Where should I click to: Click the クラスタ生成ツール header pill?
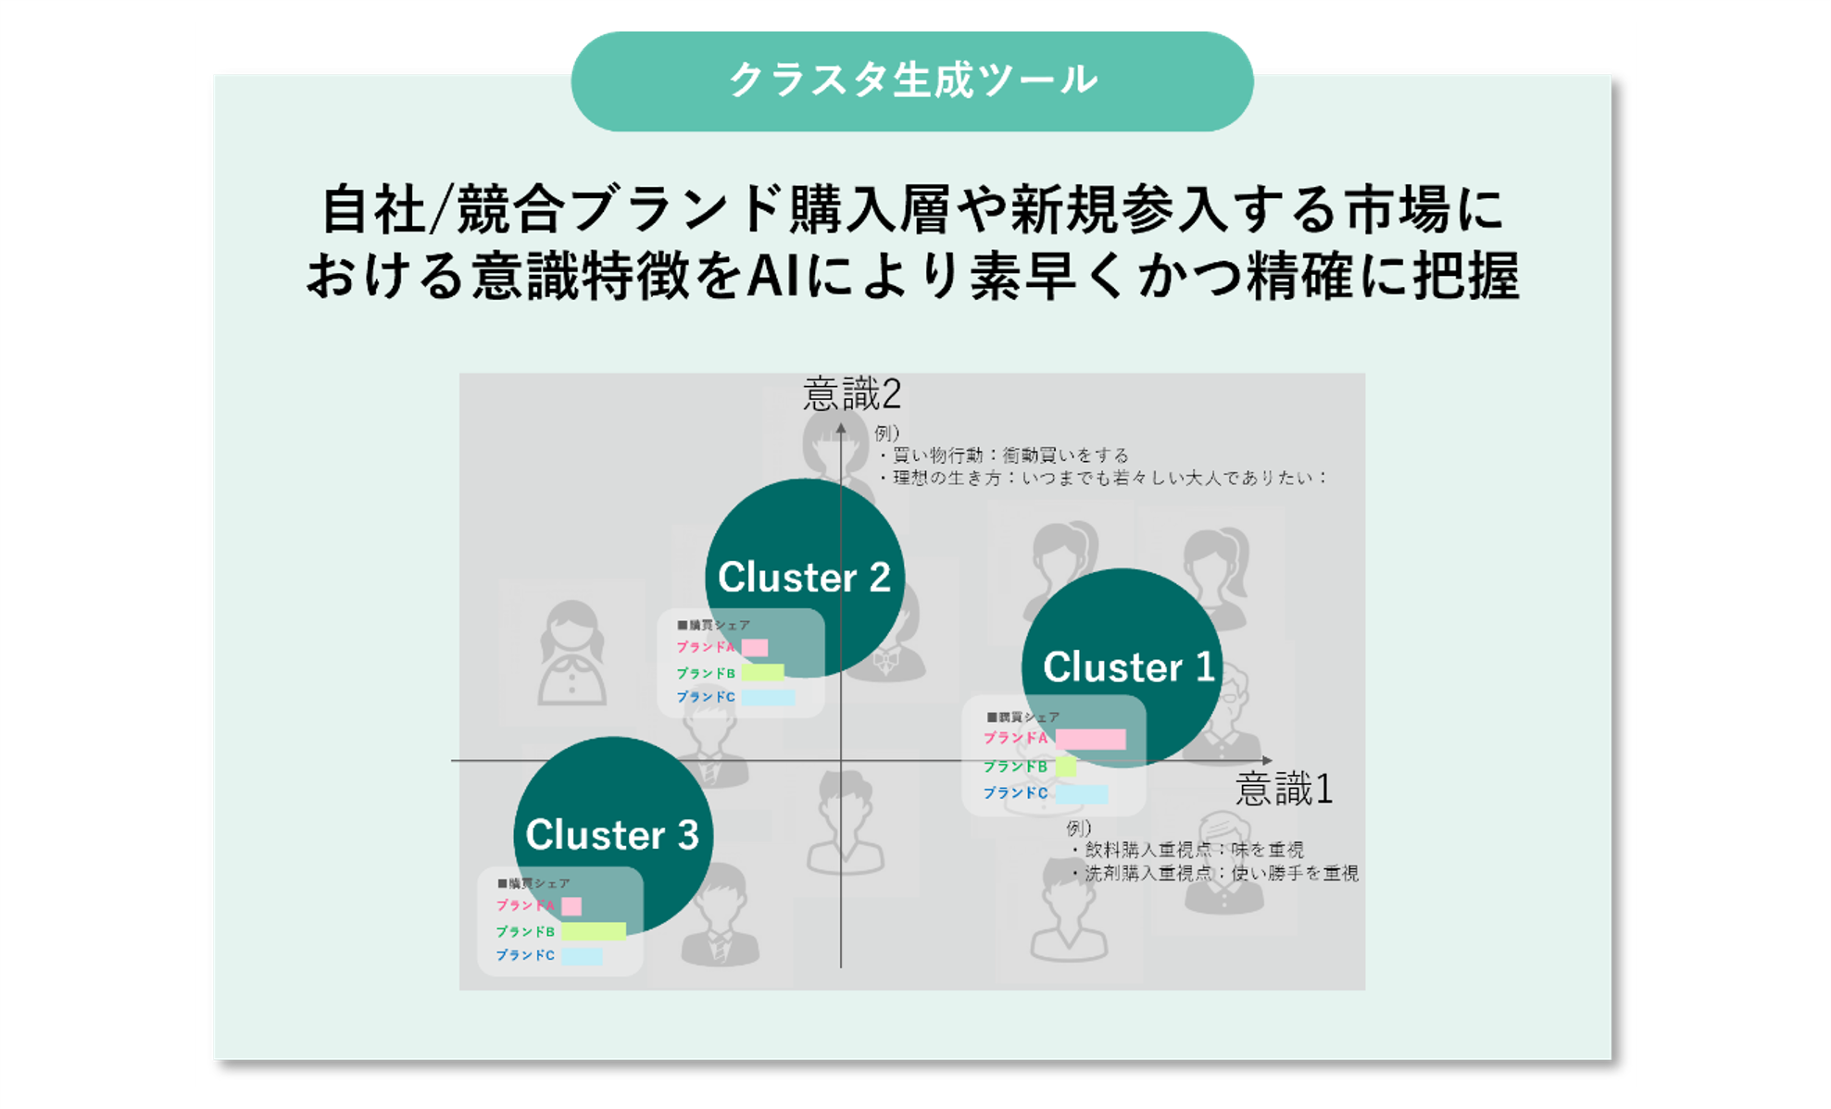[912, 81]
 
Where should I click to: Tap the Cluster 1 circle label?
[1128, 667]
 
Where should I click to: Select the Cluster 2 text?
[804, 578]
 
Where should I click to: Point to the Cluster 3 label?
[612, 835]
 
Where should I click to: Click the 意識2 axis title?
[851, 394]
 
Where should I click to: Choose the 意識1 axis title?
[1284, 790]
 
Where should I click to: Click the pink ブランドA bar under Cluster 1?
[1090, 739]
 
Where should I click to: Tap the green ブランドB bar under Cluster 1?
[1066, 766]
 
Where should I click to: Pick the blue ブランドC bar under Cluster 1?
[1081, 793]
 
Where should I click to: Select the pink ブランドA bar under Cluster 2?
[755, 647]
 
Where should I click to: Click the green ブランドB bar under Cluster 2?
[762, 673]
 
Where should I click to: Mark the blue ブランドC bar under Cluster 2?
[767, 697]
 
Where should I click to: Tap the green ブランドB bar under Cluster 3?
[593, 931]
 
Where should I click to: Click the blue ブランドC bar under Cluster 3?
[582, 955]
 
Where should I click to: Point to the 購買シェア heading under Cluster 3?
[534, 883]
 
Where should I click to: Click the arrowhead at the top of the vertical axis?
[841, 428]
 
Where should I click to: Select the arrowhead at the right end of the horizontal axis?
[1267, 761]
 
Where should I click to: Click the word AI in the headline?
[772, 276]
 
